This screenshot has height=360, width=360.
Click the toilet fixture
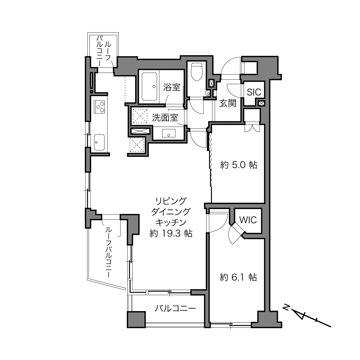pos(197,72)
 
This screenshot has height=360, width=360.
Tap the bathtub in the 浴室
pos(149,87)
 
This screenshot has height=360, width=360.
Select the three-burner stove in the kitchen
pos(99,107)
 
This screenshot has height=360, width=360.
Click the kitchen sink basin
pos(99,142)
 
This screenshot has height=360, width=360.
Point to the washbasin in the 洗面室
pos(169,133)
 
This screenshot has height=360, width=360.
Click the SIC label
pos(254,92)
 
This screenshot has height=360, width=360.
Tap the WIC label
pos(248,220)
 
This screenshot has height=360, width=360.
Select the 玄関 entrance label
pos(228,103)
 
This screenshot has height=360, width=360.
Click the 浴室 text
pos(172,87)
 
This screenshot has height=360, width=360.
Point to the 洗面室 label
pos(165,118)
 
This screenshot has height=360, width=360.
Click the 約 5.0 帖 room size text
pos(239,165)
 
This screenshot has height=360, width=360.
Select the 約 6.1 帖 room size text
pos(238,277)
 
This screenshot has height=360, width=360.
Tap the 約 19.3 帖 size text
pos(171,233)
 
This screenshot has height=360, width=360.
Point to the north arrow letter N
pos(286,307)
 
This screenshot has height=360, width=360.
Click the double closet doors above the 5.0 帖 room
pos(252,128)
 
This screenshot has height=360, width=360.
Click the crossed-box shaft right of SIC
pos(262,103)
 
